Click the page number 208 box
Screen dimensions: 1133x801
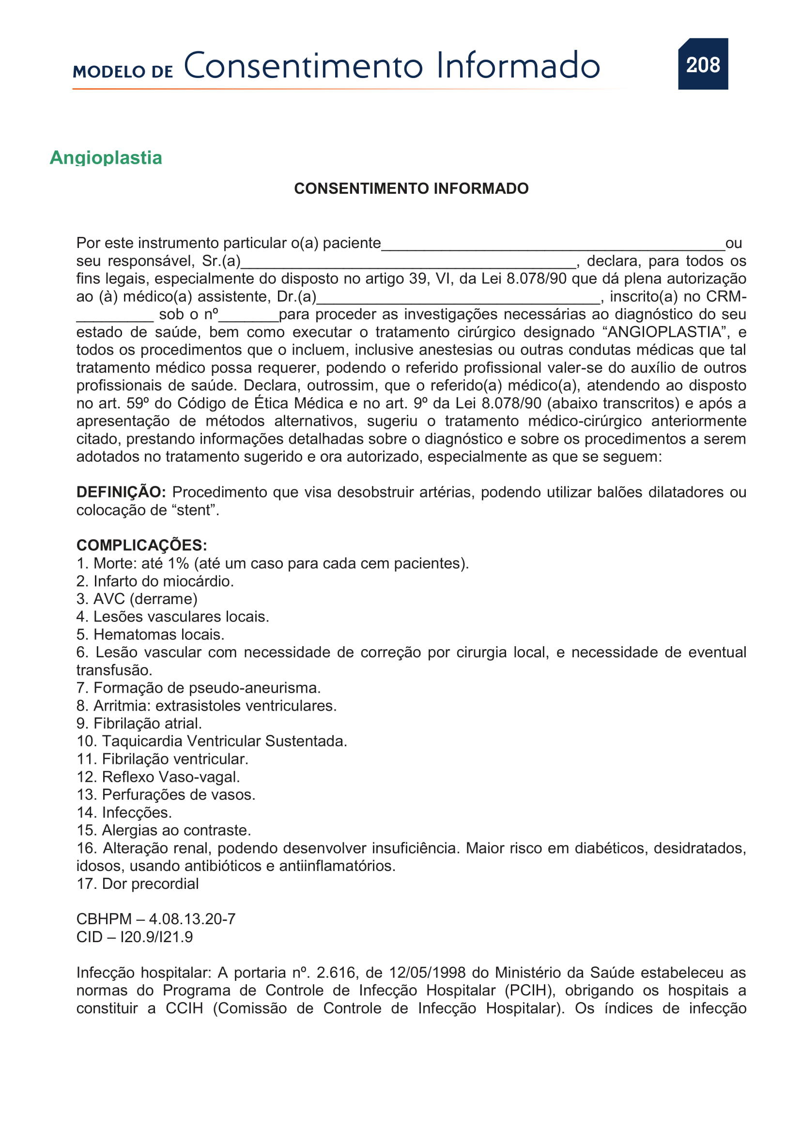702,64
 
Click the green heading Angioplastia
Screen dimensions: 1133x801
106,158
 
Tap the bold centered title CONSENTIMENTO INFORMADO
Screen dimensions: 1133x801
411,188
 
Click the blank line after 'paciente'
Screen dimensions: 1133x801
553,247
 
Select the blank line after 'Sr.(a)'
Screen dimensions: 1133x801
408,264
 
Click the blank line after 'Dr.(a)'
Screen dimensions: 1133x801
458,300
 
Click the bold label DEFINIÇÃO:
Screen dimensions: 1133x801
121,492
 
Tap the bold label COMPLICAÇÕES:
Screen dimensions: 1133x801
141,545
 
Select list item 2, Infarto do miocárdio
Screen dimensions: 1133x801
155,581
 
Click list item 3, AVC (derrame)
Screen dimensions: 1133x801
137,599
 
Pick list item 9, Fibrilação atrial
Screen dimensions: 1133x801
139,723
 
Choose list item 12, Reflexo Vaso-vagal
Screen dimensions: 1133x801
158,776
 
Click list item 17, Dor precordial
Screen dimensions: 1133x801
138,884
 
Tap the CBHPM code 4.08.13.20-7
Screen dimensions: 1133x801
192,919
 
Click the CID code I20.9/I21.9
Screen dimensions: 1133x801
156,937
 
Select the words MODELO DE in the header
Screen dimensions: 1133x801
123,72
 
